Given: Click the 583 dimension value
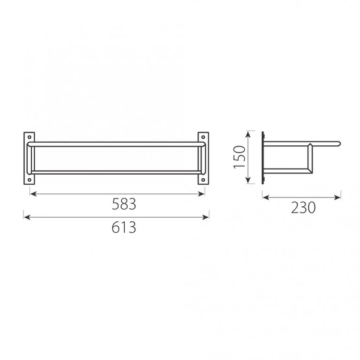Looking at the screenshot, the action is click(x=124, y=204).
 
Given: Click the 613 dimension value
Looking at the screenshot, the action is click(x=124, y=227).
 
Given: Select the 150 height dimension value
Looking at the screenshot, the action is click(x=239, y=157).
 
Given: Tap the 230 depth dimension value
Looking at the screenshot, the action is click(x=303, y=208).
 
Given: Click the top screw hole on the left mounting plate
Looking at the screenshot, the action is click(x=29, y=137).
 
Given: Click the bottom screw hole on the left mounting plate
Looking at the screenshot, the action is click(x=29, y=179).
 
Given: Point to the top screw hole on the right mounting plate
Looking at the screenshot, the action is click(x=203, y=137).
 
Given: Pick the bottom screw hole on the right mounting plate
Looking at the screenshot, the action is click(x=203, y=179).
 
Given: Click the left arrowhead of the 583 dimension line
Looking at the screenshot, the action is click(x=33, y=194).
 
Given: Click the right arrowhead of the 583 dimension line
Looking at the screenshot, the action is click(x=201, y=194).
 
